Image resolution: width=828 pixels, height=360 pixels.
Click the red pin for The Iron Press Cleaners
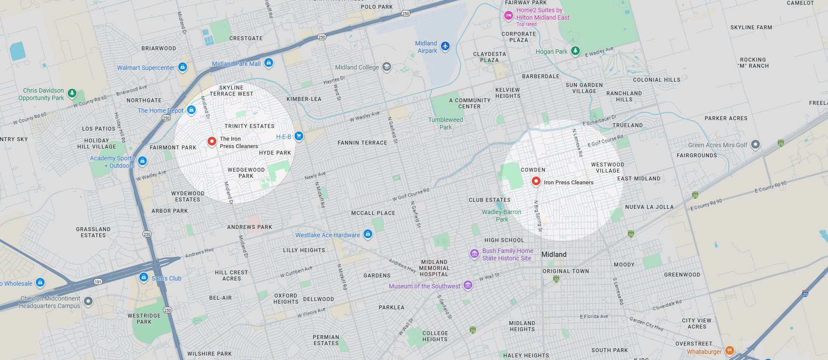(211, 142)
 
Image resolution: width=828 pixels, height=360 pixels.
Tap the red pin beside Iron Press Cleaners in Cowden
(536, 181)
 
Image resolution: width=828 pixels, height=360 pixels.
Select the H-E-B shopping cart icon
(299, 136)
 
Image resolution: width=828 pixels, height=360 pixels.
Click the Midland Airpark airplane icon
(445, 46)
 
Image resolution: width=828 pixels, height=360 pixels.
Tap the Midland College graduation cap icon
(386, 67)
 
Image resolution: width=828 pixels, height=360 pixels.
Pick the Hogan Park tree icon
(575, 51)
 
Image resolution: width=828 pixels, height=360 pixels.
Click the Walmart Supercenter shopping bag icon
(183, 67)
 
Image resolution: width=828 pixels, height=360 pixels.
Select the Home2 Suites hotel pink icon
(508, 16)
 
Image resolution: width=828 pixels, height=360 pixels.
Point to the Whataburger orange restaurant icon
(729, 350)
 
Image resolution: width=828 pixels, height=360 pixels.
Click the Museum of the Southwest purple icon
(468, 286)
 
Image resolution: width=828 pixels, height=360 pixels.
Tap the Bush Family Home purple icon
(474, 254)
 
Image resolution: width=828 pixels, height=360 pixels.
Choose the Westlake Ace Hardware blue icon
(368, 234)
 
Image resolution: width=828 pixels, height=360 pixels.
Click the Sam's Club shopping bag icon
(143, 277)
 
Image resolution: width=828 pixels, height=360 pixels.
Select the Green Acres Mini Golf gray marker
(755, 145)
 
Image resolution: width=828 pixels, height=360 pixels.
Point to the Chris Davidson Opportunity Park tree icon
(72, 93)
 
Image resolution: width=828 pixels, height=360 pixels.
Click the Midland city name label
(554, 254)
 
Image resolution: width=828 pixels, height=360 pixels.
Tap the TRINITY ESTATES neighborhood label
(249, 126)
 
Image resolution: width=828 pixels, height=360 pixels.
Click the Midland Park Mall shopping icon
(269, 63)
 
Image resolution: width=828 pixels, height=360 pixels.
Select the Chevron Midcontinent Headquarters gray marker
(88, 301)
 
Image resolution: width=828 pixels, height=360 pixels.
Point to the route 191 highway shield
(98, 282)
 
